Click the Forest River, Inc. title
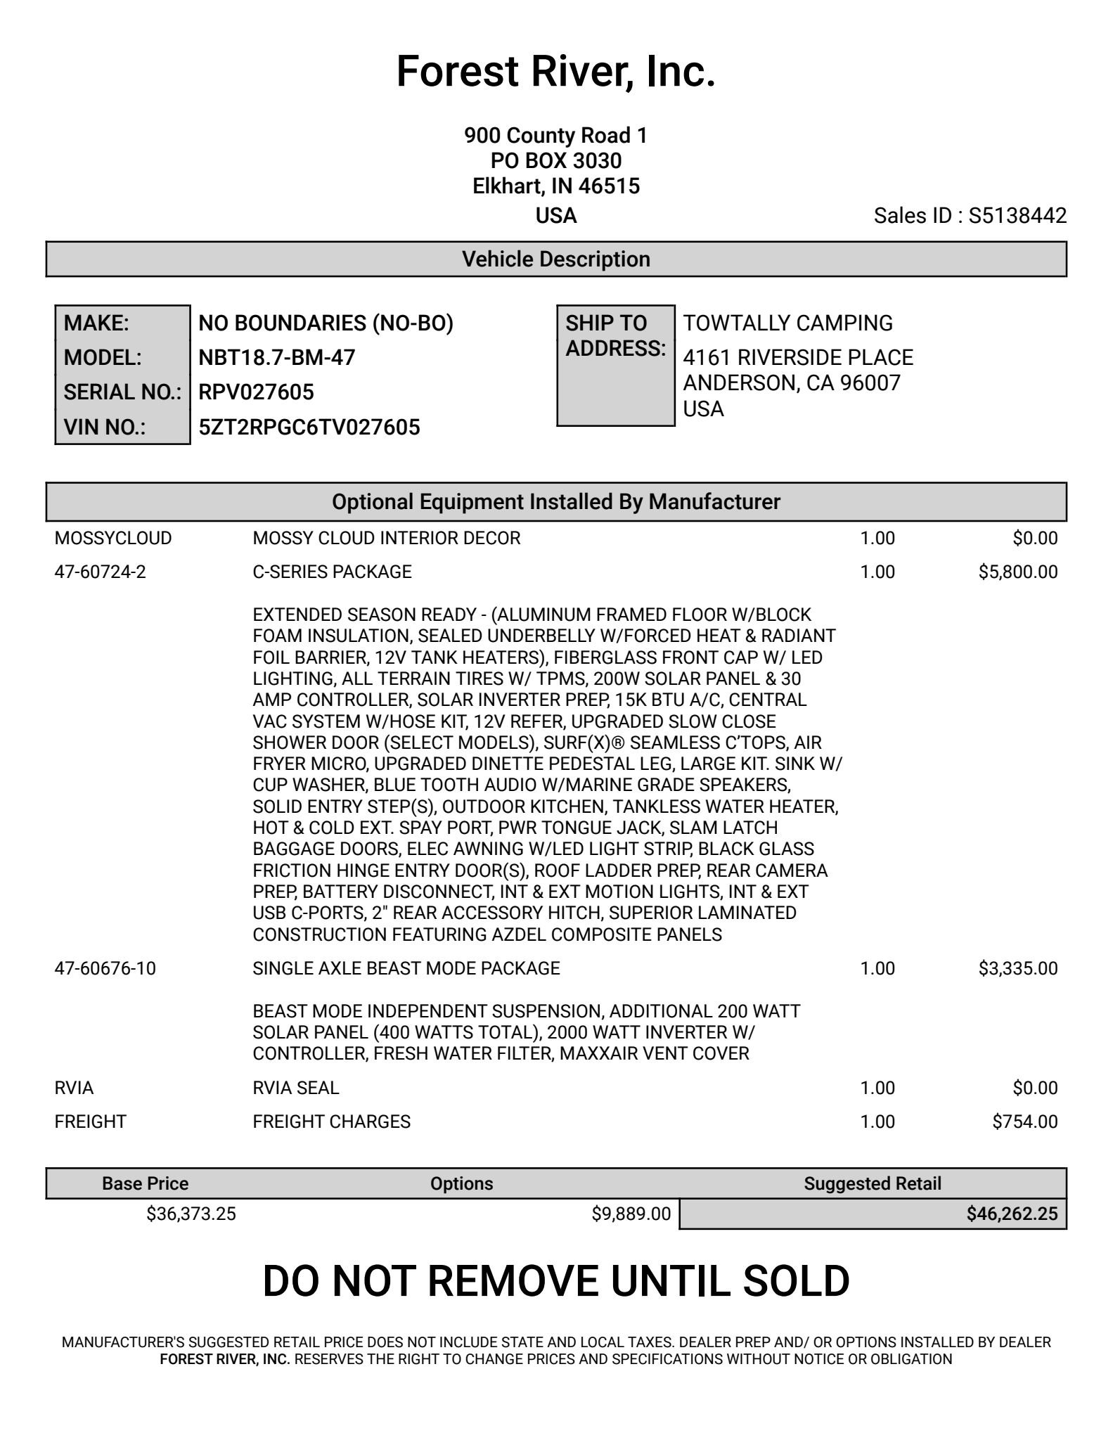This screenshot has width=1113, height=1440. pyautogui.click(x=555, y=72)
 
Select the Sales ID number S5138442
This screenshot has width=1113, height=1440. pyautogui.click(x=1017, y=216)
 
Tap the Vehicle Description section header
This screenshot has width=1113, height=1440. pyautogui.click(x=555, y=259)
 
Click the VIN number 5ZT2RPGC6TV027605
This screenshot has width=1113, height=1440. pyautogui.click(x=309, y=427)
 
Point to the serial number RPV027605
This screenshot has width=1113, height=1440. pyautogui.click(x=256, y=392)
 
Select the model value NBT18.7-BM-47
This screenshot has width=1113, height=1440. pyautogui.click(x=277, y=358)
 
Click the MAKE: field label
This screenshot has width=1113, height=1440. pyautogui.click(x=96, y=323)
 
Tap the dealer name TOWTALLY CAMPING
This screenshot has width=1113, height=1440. pyautogui.click(x=787, y=323)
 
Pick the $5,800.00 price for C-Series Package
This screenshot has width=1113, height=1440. pyautogui.click(x=1017, y=572)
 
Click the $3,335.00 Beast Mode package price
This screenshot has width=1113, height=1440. pyautogui.click(x=1017, y=969)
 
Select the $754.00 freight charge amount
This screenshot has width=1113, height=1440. pyautogui.click(x=1024, y=1121)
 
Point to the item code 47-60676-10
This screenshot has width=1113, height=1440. pyautogui.click(x=105, y=969)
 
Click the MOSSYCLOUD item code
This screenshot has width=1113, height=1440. pyautogui.click(x=113, y=539)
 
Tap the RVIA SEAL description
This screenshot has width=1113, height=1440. pyautogui.click(x=295, y=1088)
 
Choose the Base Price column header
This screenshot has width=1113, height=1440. pyautogui.click(x=145, y=1184)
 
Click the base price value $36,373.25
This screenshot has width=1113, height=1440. pyautogui.click(x=191, y=1214)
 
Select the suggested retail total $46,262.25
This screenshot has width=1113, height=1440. pyautogui.click(x=1012, y=1214)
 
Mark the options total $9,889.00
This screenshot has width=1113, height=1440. pyautogui.click(x=631, y=1214)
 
